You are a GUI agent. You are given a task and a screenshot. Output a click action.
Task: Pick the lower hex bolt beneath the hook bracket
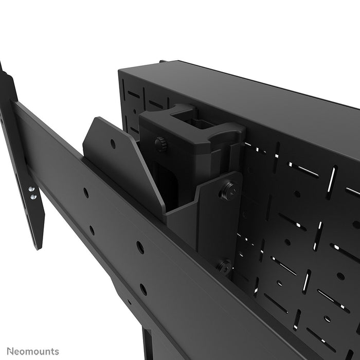[224, 266]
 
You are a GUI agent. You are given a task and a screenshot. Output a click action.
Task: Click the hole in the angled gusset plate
[113, 145]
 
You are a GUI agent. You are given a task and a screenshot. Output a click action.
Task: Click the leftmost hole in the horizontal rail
[86, 193]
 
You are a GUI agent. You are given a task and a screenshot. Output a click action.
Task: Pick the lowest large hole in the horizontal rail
[143, 290]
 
